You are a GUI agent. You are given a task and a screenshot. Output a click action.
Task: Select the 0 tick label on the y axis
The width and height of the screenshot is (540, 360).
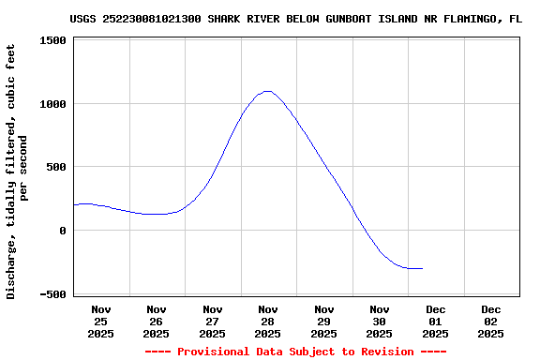(62, 231)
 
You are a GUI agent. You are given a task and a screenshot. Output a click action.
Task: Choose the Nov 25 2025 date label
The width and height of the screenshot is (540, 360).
(101, 321)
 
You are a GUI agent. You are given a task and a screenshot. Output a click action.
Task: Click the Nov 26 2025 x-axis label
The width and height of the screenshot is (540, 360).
(157, 321)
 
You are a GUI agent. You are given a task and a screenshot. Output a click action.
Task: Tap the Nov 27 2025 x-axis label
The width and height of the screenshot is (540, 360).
(213, 321)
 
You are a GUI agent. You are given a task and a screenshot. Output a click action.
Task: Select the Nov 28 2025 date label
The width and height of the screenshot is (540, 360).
(268, 321)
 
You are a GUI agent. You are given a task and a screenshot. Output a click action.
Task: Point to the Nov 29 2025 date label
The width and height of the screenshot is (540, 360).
(324, 321)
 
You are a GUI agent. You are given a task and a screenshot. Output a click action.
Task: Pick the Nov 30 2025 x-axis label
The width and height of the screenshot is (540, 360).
(380, 321)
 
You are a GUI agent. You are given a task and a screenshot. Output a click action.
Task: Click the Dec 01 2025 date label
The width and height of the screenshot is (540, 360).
(436, 321)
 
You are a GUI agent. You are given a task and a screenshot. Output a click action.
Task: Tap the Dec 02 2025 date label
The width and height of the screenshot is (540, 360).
(491, 321)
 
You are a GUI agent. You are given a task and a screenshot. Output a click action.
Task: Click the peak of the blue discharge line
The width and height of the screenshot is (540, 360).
(268, 91)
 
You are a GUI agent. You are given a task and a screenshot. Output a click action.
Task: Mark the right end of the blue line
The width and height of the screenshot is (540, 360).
(422, 268)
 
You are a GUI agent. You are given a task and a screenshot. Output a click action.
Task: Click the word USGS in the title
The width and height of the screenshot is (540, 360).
(83, 19)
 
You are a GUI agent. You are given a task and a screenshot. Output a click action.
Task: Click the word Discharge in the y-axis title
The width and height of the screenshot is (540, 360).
(11, 268)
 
